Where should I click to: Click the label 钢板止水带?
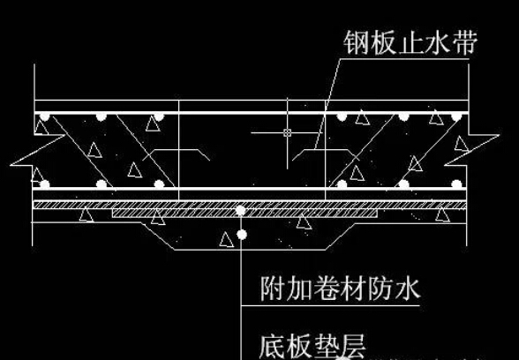click(410, 42)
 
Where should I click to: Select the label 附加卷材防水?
click(340, 289)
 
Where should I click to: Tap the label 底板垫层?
click(312, 347)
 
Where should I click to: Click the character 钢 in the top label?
click(356, 42)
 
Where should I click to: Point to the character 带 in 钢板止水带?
click(465, 42)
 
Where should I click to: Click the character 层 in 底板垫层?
click(353, 347)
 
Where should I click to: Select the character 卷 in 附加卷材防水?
click(326, 289)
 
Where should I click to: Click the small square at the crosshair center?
click(288, 132)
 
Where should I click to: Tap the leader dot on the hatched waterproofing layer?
click(241, 210)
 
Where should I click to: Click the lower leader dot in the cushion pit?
click(242, 235)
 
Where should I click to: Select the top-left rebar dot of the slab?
click(44, 116)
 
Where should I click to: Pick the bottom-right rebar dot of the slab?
click(456, 184)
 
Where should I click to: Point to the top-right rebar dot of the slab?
click(456, 116)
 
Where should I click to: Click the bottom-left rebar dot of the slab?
click(44, 184)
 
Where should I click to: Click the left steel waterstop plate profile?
click(177, 154)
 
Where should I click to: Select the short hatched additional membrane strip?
click(245, 214)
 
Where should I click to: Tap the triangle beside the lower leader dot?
click(227, 240)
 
